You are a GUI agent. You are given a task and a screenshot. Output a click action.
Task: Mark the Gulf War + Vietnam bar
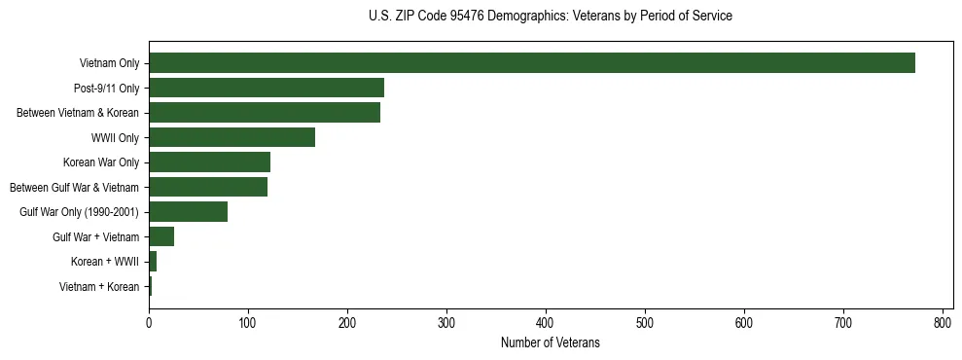pyautogui.click(x=161, y=236)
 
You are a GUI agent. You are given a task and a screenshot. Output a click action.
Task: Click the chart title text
pyautogui.click(x=551, y=17)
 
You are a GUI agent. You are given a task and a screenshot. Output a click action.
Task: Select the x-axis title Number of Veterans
pyautogui.click(x=551, y=343)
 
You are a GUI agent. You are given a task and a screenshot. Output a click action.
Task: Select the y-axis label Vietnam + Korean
pyautogui.click(x=99, y=286)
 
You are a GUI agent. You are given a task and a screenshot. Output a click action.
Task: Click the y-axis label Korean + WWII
pyautogui.click(x=105, y=262)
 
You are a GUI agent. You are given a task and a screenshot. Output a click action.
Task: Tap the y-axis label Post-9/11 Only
pyautogui.click(x=106, y=89)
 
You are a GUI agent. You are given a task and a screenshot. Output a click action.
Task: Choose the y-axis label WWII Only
pyautogui.click(x=115, y=138)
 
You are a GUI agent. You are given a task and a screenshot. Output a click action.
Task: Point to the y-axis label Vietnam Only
pyautogui.click(x=109, y=64)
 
